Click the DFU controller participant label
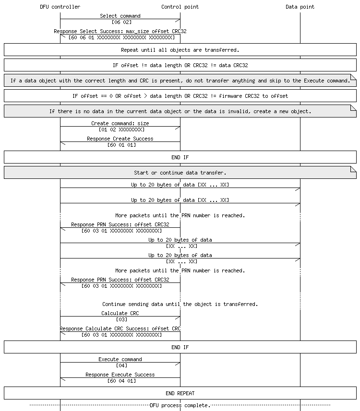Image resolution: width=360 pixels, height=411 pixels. tap(60, 7)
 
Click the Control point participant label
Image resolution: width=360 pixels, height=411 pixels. tap(180, 7)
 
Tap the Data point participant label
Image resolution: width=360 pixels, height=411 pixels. tap(300, 7)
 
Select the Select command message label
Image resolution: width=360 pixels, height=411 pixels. tap(120, 16)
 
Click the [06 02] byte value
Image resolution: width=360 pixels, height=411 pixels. tap(120, 22)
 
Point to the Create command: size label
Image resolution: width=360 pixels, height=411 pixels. tap(120, 123)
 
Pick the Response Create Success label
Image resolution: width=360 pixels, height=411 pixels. tap(120, 139)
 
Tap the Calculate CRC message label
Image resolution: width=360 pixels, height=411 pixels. tap(120, 313)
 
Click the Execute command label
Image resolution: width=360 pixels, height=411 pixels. tap(120, 359)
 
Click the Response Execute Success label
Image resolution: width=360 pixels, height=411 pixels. tap(120, 375)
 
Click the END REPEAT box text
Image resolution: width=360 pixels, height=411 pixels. tap(180, 393)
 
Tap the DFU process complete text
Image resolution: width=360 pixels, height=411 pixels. tap(180, 405)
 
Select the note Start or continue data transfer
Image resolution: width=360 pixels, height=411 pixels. tap(180, 173)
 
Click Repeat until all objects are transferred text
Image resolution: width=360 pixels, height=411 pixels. tap(180, 49)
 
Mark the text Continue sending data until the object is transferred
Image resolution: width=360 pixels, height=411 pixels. tap(180, 304)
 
